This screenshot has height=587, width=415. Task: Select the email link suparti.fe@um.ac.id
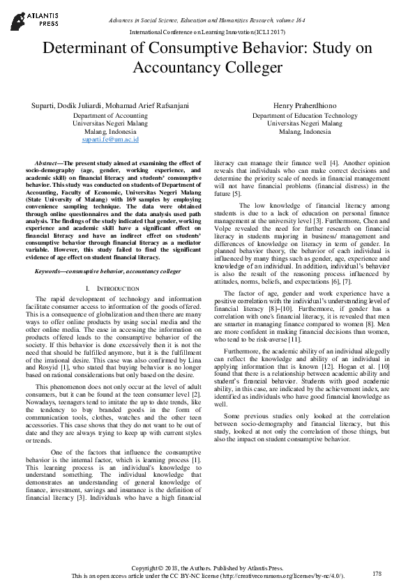[106, 139]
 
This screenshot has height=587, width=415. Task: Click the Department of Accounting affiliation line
[106, 115]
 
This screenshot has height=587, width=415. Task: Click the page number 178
[377, 573]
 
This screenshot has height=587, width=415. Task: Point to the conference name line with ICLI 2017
[208, 32]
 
